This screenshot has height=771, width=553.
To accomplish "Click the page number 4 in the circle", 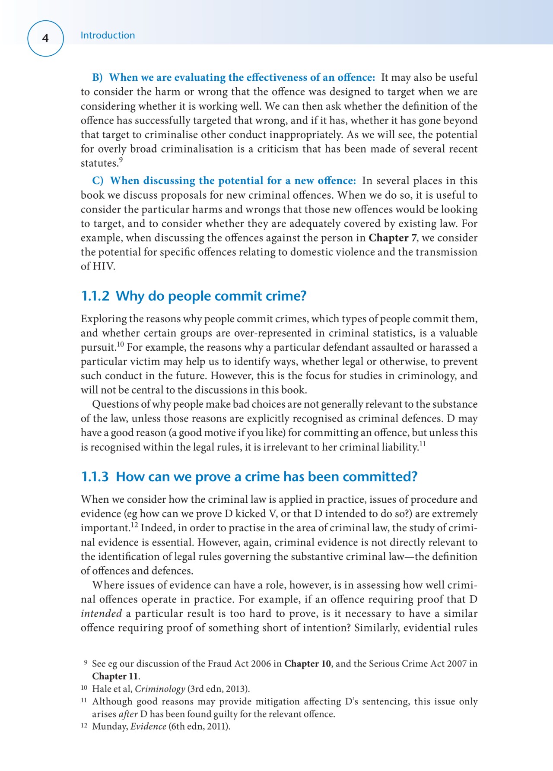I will coord(45,38).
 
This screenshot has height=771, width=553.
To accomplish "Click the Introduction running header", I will coord(108,35).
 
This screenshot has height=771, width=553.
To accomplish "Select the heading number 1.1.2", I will coord(95,296).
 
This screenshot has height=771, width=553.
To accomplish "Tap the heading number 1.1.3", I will coord(95,477).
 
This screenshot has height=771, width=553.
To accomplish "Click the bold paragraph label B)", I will coord(97,78).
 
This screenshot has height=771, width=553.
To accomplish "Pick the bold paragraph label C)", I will coord(98,181).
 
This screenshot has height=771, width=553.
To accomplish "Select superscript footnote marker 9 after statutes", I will coord(121,160).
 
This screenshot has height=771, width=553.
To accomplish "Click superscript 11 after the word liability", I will coord(423,444).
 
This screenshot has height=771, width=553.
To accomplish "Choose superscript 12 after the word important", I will coord(134,525).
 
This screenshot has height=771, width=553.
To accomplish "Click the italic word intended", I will coord(101,614).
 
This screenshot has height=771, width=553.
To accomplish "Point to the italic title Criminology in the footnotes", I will coord(160,689).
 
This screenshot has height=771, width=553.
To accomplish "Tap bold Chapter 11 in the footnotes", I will coord(115,676).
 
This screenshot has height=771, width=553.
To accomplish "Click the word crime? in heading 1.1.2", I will coord(286,296).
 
